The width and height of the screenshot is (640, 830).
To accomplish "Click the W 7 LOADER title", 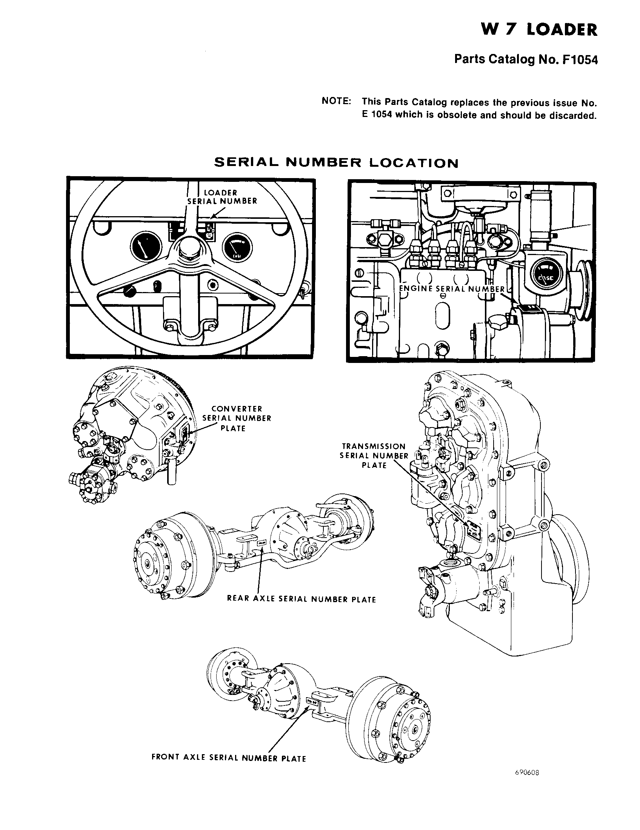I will tap(539, 30).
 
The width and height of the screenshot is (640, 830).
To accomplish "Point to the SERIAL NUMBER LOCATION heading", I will tap(336, 163).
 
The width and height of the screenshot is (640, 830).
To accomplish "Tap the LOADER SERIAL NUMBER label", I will tap(222, 197).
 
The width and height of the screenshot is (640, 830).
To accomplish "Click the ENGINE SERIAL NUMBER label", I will tap(451, 289).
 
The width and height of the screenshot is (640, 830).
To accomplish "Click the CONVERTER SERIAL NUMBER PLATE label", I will tap(237, 418).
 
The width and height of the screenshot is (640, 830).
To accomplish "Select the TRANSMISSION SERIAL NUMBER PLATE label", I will tap(374, 455).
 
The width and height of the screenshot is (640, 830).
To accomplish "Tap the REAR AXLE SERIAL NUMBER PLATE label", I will tap(302, 599).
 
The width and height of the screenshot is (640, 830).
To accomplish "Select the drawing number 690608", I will tap(527, 783).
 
